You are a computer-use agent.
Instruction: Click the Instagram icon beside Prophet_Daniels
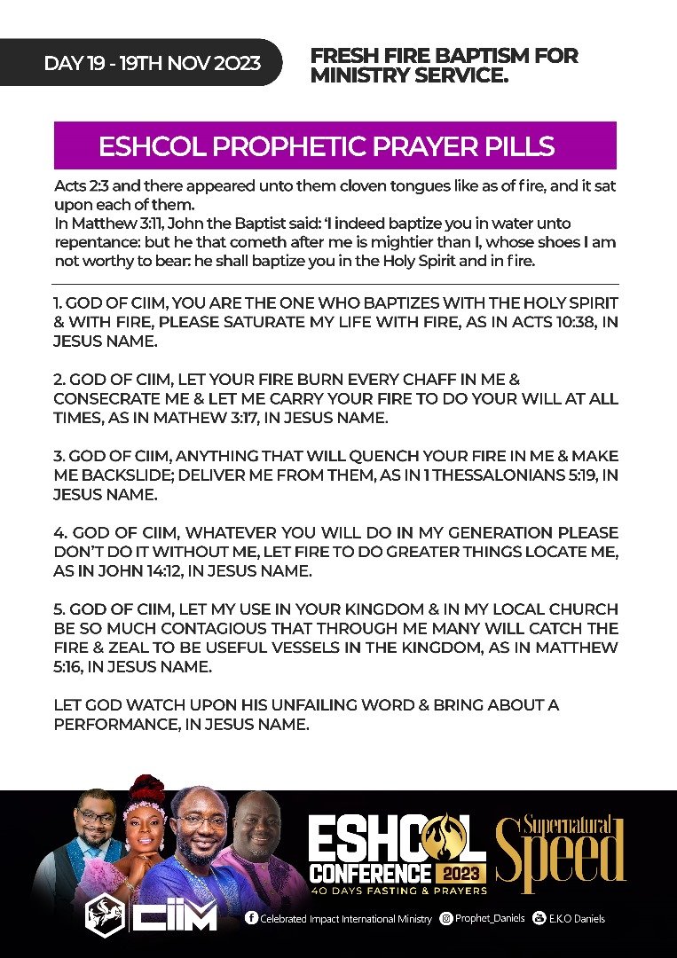tap(446, 919)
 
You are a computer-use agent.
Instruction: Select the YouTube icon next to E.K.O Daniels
tap(537, 919)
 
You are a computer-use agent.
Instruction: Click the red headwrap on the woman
tap(146, 788)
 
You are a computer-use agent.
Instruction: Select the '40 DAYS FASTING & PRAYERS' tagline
tap(398, 889)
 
